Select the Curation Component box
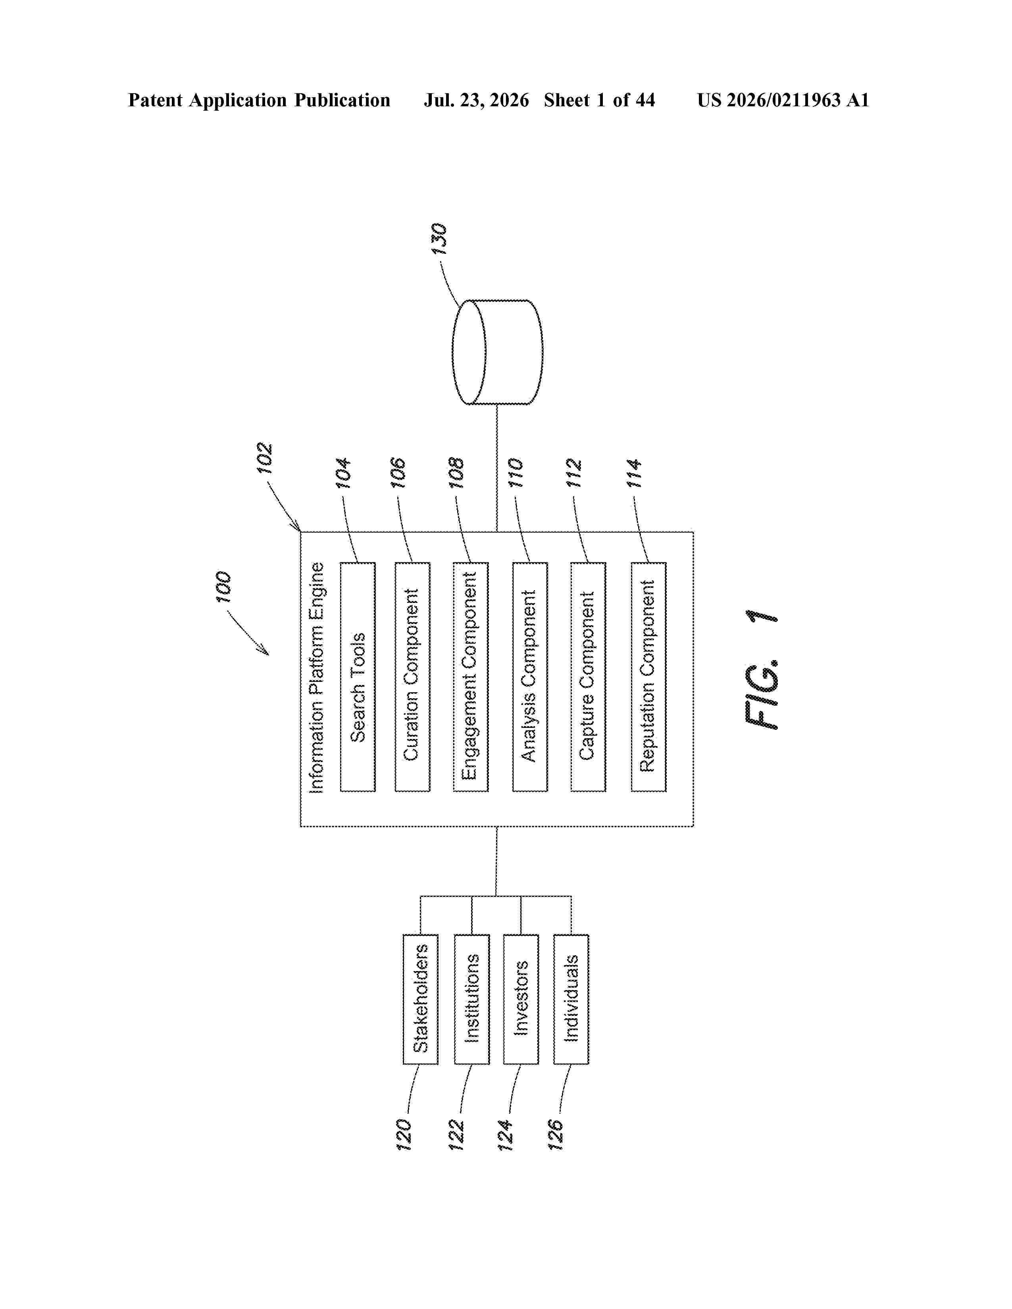[x=412, y=677]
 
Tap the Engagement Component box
[x=471, y=677]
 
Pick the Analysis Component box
[x=530, y=677]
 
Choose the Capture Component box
[x=588, y=677]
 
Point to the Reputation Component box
[x=649, y=677]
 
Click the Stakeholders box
[x=420, y=999]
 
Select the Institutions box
[x=472, y=999]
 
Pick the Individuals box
[x=571, y=999]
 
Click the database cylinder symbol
[x=497, y=352]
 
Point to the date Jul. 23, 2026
[x=477, y=100]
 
